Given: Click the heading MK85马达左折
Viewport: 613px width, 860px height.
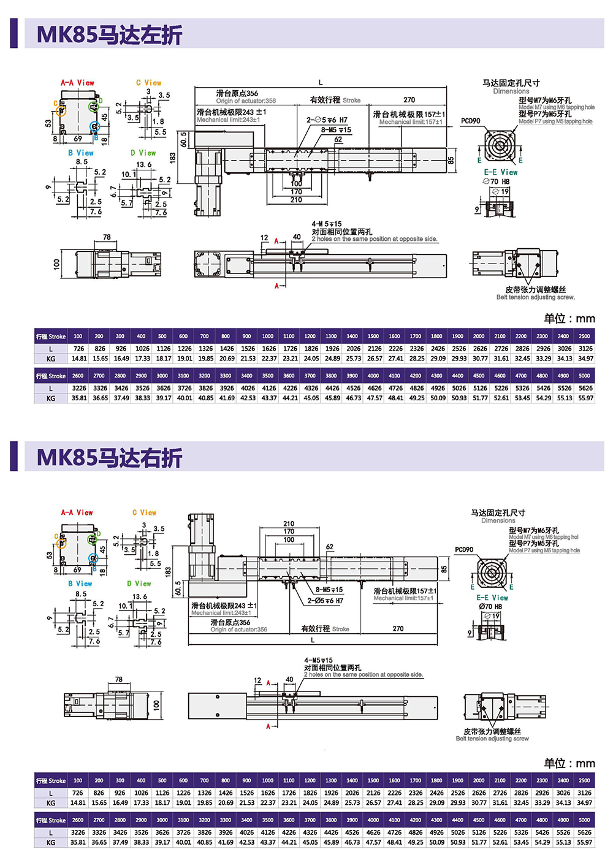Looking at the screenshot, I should coord(109,34).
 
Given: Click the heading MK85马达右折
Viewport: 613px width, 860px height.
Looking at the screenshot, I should coord(109,458).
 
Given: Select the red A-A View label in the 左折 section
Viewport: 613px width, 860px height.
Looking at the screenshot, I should coord(77,83).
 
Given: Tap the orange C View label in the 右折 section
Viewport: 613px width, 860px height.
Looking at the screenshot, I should coord(145,512).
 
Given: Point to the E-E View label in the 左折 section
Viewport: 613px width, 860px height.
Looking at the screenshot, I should coord(500,172).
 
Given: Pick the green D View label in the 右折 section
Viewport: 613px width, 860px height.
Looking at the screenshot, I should coord(139,584).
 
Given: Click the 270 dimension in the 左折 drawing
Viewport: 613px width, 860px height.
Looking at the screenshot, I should coord(409,100).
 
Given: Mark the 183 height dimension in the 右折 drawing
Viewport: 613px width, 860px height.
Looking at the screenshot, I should coord(169,571).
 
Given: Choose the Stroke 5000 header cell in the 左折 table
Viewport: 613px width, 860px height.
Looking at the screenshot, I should coord(584,376).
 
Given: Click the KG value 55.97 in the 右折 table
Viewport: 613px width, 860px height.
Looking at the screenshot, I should coord(585,842).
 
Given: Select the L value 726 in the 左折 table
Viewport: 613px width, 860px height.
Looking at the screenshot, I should coord(78,349).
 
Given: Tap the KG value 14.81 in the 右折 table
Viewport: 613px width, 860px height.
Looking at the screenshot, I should coord(78,802).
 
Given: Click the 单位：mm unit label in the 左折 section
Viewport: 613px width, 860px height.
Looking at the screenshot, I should coord(569,319).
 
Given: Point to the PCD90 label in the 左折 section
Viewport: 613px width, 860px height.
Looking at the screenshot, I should coord(470,121).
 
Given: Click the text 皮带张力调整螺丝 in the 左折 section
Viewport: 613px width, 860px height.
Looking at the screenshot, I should coord(535,289).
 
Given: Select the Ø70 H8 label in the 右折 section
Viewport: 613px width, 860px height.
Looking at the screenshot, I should coord(490,606).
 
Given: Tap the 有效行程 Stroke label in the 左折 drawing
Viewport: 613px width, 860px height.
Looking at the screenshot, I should coord(335,100).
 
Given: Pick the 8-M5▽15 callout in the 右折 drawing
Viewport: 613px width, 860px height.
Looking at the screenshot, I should coord(329,590).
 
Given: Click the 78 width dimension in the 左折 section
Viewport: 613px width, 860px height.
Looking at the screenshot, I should coord(107,237).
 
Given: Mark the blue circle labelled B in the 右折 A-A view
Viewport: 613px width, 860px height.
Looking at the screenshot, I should coord(93,558).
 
